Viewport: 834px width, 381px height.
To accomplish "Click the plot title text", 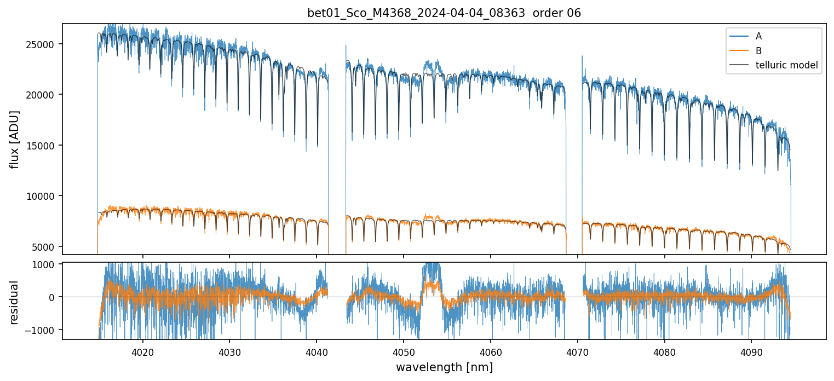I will (x=444, y=13).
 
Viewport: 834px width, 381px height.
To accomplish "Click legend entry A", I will (x=758, y=36).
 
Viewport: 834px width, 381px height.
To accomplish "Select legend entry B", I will (x=758, y=51).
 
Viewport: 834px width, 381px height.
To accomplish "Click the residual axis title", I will (x=15, y=302).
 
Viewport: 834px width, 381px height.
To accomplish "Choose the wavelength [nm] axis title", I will (x=444, y=367).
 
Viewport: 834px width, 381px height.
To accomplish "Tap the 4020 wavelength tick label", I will (x=142, y=350).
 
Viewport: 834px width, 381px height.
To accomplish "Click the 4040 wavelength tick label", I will (x=317, y=350).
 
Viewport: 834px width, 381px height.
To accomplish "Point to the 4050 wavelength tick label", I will (x=404, y=350).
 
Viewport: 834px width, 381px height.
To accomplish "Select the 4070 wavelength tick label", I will (x=578, y=350).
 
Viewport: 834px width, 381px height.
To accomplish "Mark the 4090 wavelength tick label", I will (x=751, y=350).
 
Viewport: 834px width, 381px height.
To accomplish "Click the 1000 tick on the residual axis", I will (x=48, y=264).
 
